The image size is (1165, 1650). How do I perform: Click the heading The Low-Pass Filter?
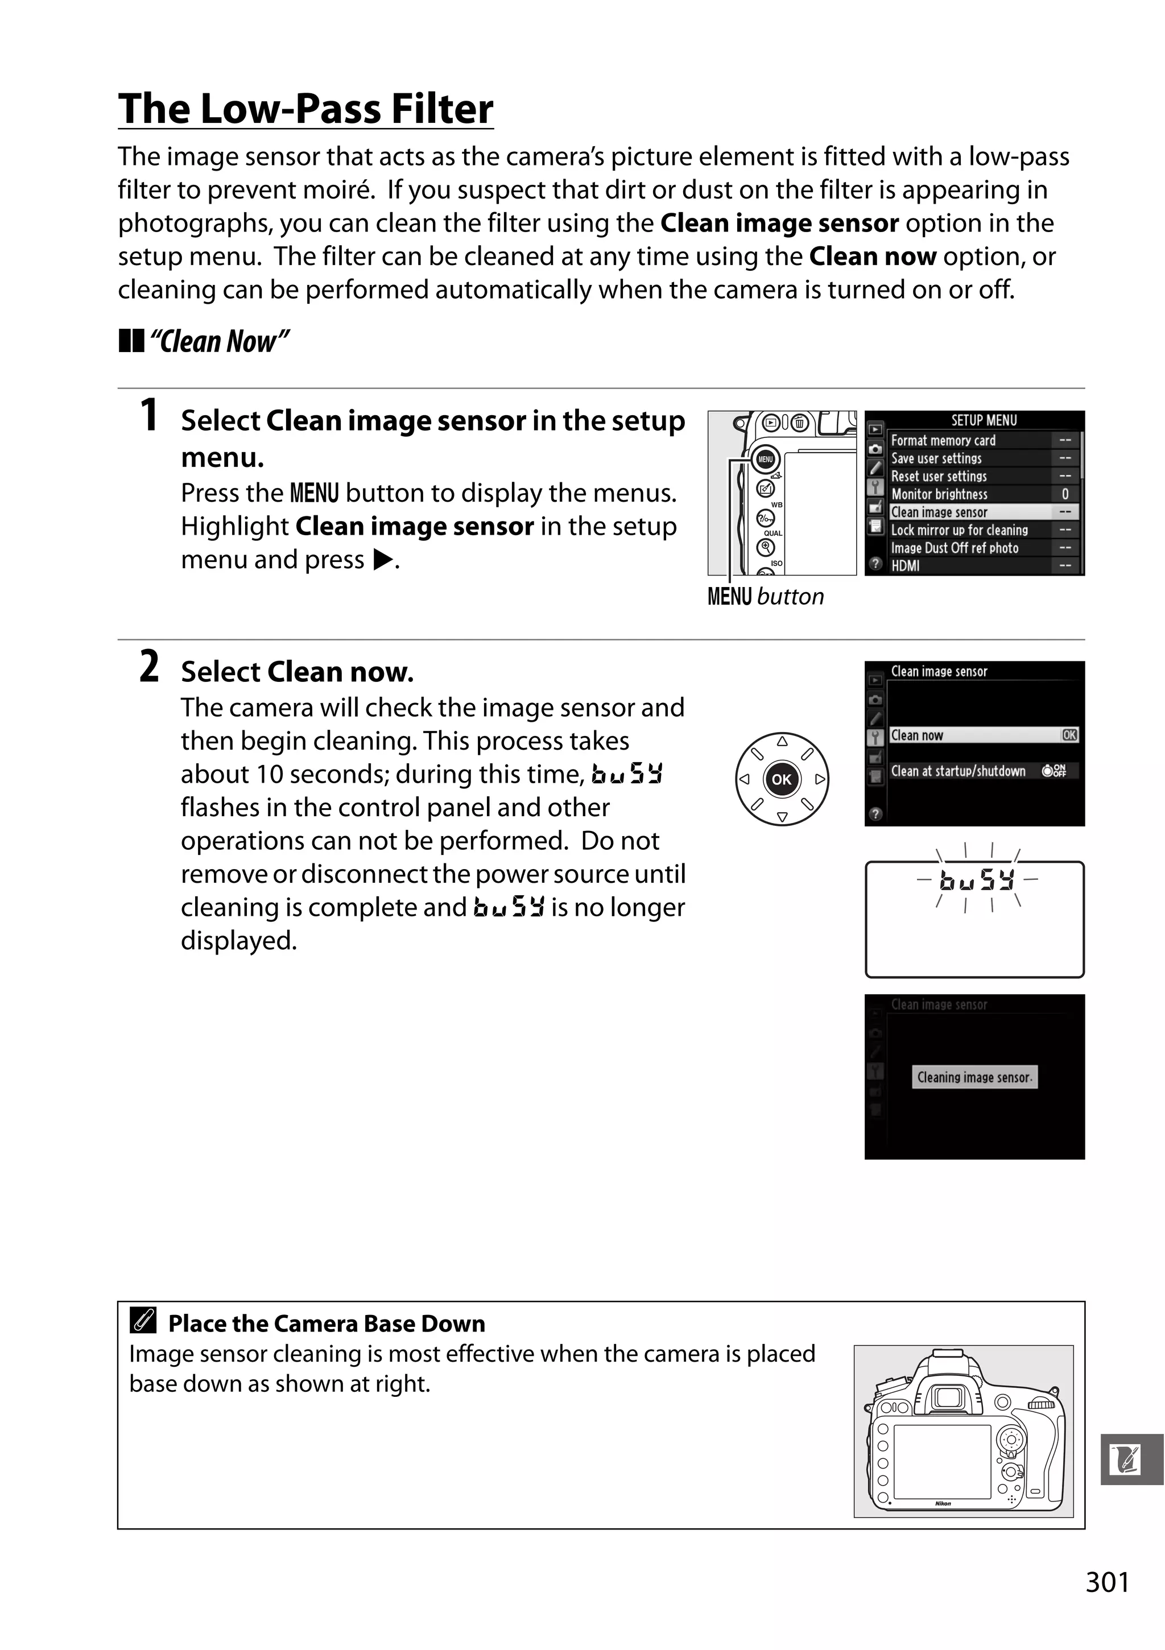coord(305,109)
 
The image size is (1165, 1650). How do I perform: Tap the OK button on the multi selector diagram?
coord(781,779)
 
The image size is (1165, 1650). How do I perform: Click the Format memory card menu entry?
coord(943,440)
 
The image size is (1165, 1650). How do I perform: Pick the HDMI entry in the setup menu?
coord(906,565)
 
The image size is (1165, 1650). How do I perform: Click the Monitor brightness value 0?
coord(1064,494)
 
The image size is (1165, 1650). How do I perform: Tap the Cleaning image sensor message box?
coord(974,1077)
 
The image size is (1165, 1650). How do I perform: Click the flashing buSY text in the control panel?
coord(977,880)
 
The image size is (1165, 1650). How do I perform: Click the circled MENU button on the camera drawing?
coord(766,459)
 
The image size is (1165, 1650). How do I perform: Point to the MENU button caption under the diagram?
coord(766,597)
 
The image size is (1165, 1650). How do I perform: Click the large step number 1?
coord(149,416)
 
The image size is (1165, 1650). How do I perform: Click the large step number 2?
coord(149,667)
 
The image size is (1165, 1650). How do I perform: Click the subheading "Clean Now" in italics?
coord(218,341)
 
